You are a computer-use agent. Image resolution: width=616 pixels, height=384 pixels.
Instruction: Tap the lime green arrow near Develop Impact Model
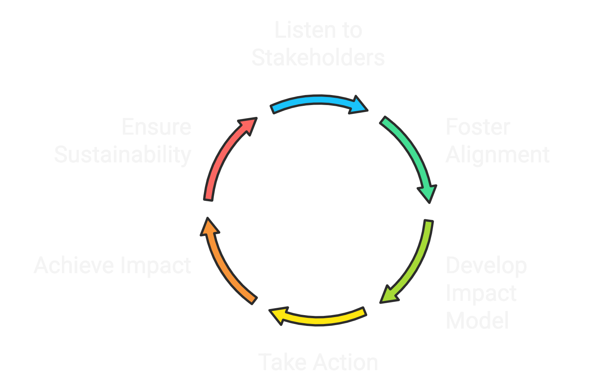point(415,262)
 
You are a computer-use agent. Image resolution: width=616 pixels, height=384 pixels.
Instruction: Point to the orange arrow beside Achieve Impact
point(223,265)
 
